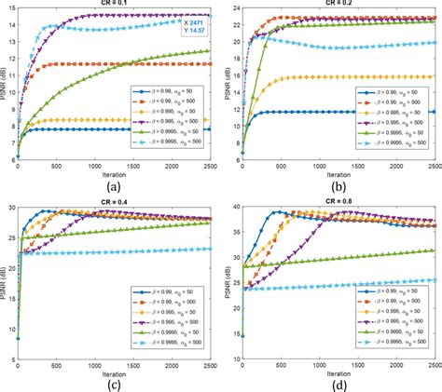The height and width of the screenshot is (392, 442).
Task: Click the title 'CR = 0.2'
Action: pyautogui.click(x=338, y=4)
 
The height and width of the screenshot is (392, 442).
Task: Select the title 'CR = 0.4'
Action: pyautogui.click(x=117, y=204)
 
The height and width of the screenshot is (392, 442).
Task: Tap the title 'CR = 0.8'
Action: pyautogui.click(x=338, y=204)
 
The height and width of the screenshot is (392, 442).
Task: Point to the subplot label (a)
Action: pyautogui.click(x=117, y=184)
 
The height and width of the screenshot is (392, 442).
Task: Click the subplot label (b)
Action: pyautogui.click(x=338, y=184)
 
